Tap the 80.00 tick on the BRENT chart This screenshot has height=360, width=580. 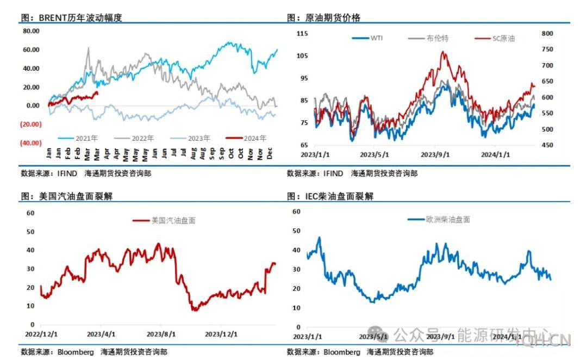coord(31,31)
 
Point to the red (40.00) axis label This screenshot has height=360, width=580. coord(31,143)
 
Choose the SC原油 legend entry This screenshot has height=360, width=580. coord(495,39)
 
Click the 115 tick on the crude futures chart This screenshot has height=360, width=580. coord(302,34)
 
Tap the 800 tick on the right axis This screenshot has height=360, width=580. coord(547,34)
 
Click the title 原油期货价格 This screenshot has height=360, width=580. coord(336,17)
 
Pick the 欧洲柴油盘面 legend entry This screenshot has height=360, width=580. coord(439,220)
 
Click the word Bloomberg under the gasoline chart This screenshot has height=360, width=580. coord(76,352)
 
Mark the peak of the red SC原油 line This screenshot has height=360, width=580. coord(443,52)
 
